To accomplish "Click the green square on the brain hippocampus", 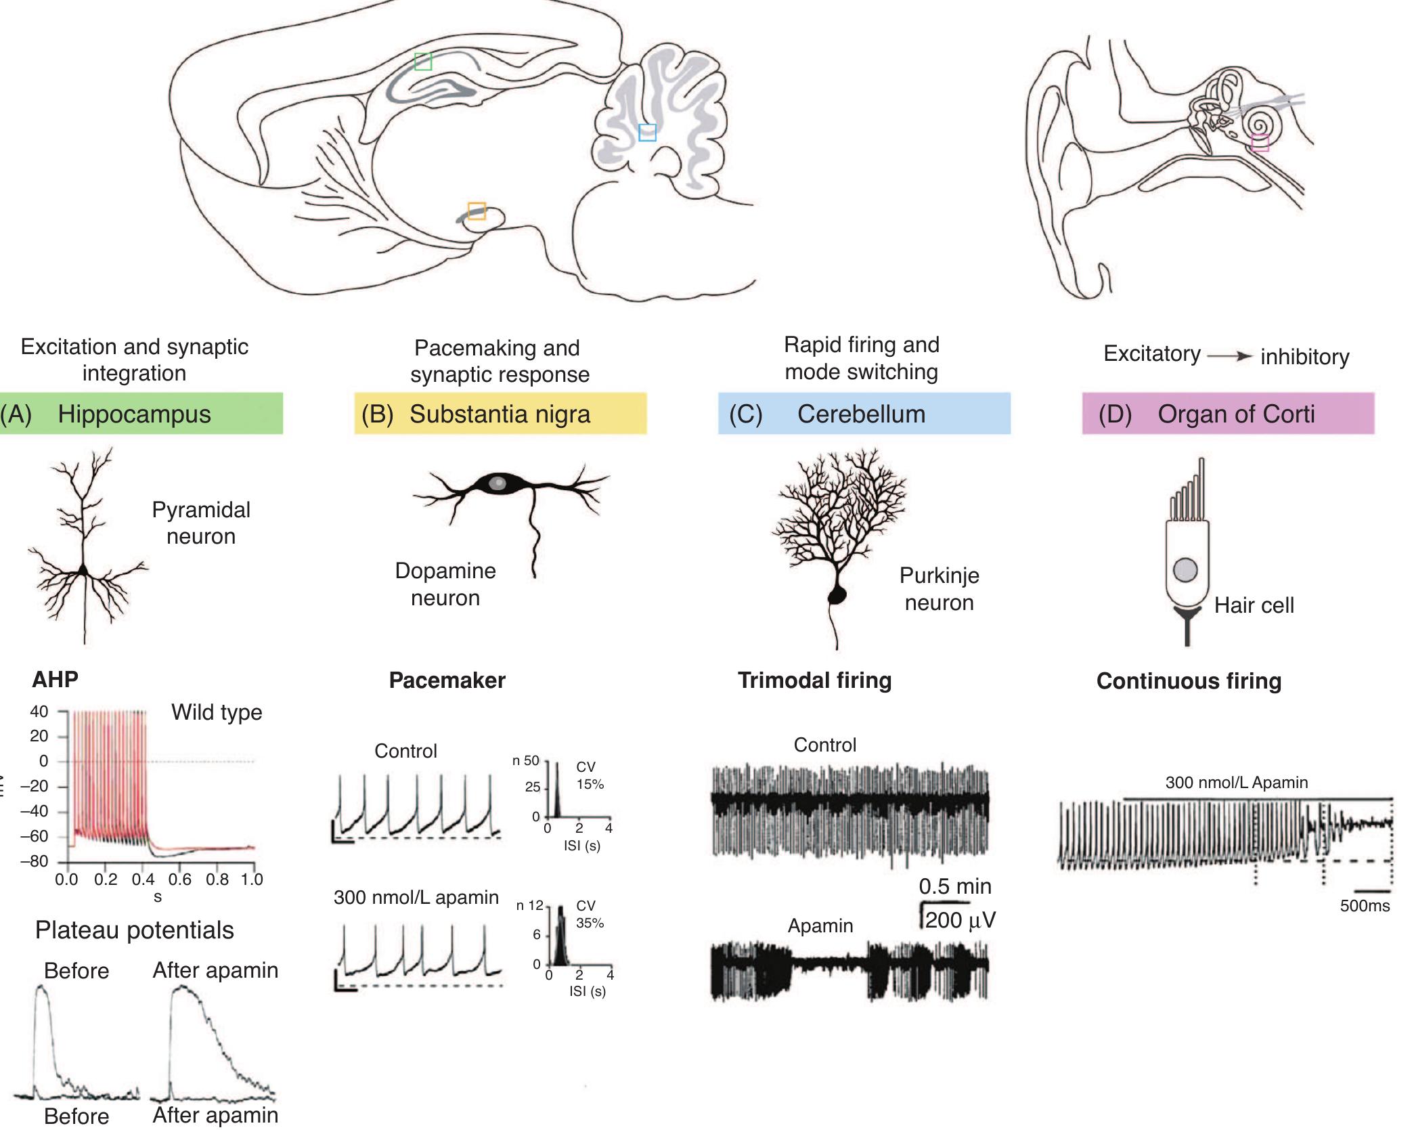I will [423, 61].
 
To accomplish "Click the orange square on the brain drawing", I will [477, 211].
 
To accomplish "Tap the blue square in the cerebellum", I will [647, 132].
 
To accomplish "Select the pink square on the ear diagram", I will [1260, 143].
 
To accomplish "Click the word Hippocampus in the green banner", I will [134, 414].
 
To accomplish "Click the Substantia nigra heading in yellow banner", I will [500, 414].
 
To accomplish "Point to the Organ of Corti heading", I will [1235, 414].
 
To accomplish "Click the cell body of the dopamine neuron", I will [498, 483].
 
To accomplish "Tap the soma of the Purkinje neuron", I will [837, 595].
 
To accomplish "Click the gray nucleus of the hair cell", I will [1185, 569].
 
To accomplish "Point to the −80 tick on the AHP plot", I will [39, 861].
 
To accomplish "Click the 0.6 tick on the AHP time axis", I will [180, 879].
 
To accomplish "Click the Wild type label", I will [217, 712].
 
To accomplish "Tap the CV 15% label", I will [590, 775].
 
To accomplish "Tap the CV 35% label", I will [590, 914].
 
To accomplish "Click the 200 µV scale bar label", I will [960, 920].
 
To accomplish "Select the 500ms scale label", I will [1365, 906].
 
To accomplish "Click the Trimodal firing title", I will [814, 680].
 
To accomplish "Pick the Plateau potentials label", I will [134, 930].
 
